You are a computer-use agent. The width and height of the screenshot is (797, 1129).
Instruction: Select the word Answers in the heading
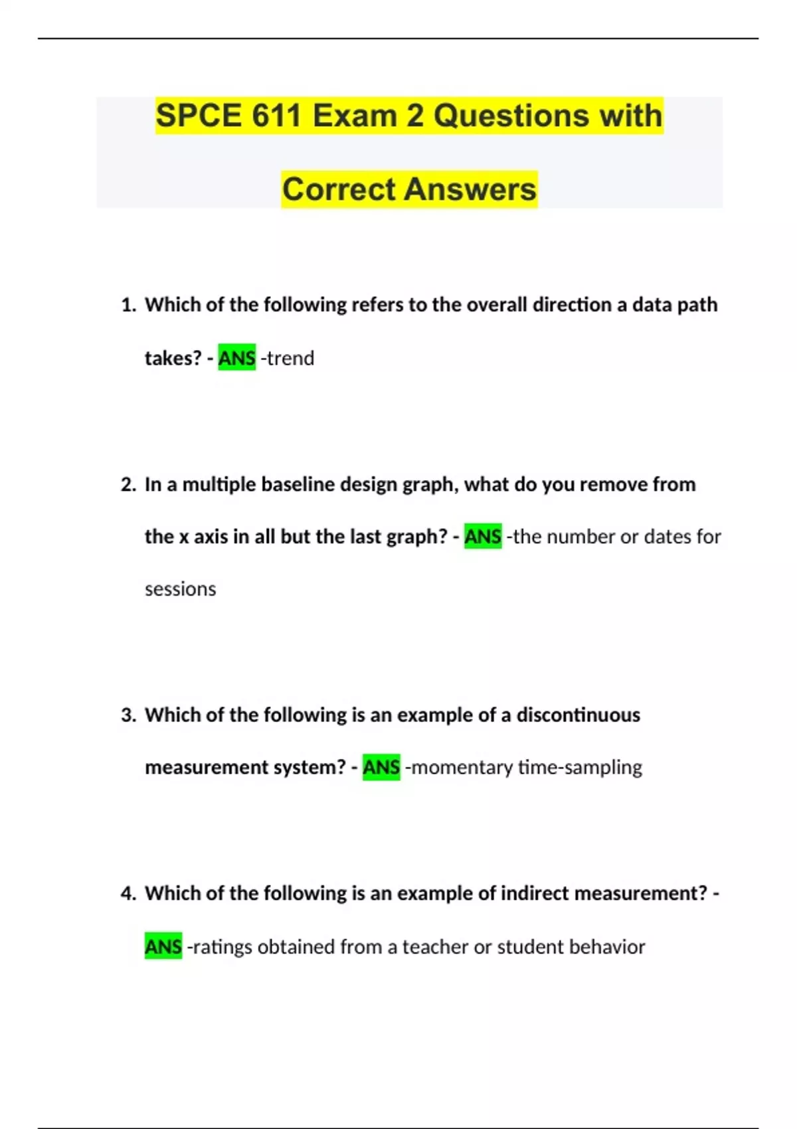(x=470, y=189)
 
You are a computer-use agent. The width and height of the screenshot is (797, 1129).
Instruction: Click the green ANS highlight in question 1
(x=236, y=359)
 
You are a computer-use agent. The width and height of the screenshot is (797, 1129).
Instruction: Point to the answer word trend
(x=290, y=359)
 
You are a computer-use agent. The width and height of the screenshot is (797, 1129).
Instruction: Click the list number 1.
(x=128, y=305)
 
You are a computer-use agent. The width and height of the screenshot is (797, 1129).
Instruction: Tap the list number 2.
(x=128, y=485)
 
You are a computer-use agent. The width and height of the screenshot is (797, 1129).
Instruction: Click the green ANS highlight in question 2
(x=483, y=537)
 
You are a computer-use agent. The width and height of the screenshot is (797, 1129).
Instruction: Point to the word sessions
(x=180, y=589)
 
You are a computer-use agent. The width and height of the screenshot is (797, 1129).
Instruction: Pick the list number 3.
(x=128, y=715)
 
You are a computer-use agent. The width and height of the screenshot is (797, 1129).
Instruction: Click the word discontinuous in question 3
(x=578, y=715)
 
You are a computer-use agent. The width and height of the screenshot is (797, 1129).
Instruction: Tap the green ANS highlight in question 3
(x=381, y=768)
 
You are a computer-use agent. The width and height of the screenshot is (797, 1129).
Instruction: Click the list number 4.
(x=128, y=894)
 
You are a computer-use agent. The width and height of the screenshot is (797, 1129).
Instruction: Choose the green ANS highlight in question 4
(x=163, y=947)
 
